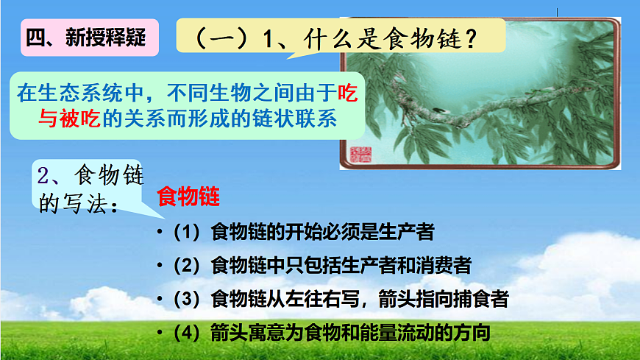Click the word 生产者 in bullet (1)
[408, 233]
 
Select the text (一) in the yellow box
[221, 38]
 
